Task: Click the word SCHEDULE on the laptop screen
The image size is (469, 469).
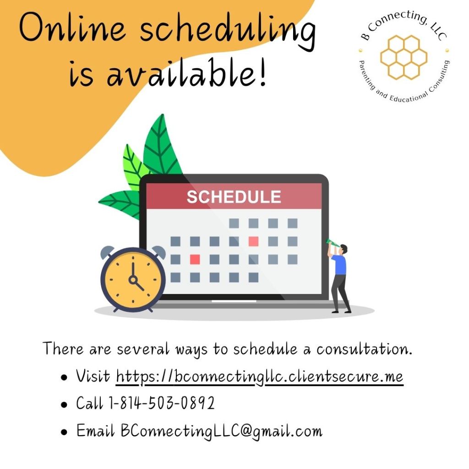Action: pos(234,197)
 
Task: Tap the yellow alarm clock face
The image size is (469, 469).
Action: pos(133,279)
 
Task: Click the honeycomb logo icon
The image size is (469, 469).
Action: pos(403,56)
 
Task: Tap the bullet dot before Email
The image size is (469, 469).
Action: pos(65,432)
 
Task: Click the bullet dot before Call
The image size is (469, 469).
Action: pos(65,404)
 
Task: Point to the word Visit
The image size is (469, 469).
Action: pos(93,376)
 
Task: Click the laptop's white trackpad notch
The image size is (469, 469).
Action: pos(234,301)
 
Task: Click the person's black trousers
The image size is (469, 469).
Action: pos(341,293)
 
